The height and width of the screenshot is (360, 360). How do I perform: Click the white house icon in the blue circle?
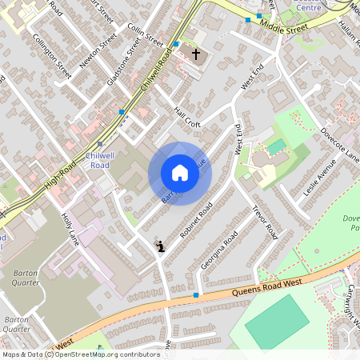[180, 173]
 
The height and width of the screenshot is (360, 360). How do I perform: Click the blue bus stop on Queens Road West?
[196, 295]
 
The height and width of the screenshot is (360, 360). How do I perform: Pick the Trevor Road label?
[264, 222]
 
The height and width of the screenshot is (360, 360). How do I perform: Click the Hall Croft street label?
[188, 118]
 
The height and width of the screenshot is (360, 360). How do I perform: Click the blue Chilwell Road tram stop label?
[99, 159]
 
